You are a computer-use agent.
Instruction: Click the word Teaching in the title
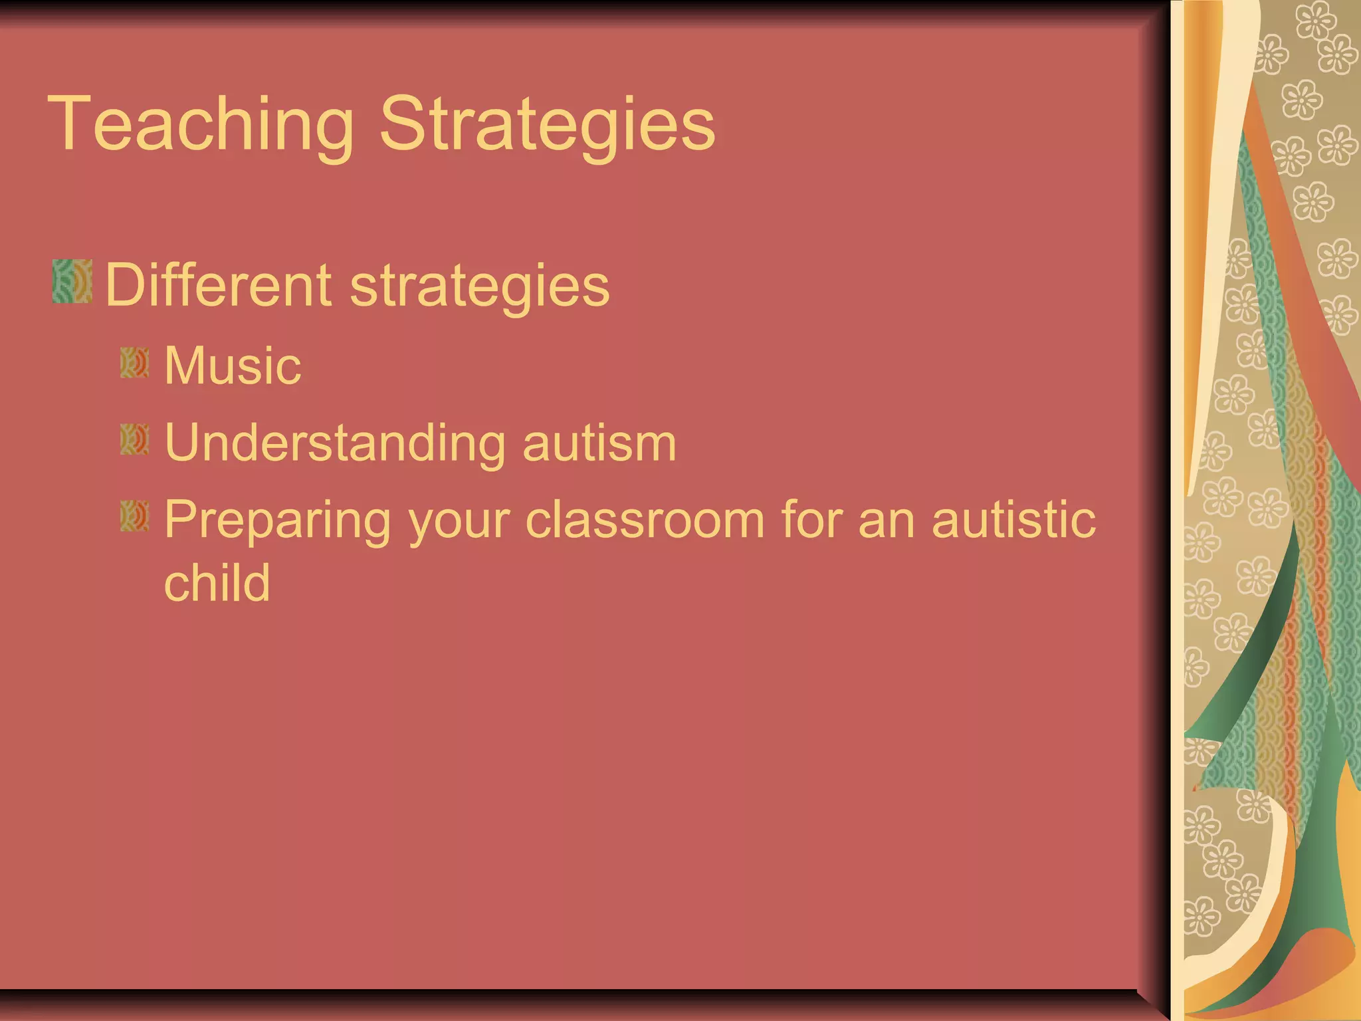201,125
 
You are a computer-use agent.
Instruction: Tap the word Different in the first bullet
218,285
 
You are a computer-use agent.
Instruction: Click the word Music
233,366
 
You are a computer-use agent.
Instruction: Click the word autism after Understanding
599,443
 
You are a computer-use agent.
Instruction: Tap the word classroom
645,520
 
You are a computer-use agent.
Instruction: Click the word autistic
1013,520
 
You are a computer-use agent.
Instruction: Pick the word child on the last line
217,583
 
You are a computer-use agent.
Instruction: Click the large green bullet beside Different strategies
72,282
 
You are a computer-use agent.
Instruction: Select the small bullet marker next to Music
135,363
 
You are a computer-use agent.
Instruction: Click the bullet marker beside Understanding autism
135,440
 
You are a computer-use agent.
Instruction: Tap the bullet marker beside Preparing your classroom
135,516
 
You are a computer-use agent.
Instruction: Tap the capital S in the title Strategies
403,124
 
